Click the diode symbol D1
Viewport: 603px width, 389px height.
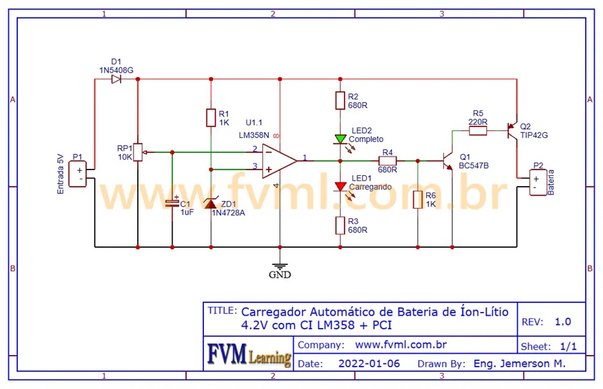tap(116, 80)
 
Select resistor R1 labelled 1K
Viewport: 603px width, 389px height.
tap(210, 118)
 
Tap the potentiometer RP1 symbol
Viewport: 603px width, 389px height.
tap(138, 152)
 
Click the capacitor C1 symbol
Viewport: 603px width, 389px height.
tap(172, 203)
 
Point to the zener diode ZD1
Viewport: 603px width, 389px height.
tap(210, 203)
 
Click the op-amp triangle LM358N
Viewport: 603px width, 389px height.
tap(278, 160)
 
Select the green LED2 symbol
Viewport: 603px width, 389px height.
tap(340, 139)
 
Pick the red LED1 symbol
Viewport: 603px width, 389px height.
tap(340, 186)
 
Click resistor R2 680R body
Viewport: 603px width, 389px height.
tap(340, 100)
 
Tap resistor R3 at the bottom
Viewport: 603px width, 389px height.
tap(340, 225)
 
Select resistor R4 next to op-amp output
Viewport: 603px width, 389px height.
tap(387, 160)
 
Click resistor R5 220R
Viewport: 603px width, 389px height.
tap(478, 131)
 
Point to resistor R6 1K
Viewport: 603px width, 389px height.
tap(418, 200)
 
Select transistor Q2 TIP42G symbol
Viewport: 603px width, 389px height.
tap(512, 131)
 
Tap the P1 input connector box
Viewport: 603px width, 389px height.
tap(78, 174)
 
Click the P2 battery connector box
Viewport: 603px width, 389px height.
tap(536, 182)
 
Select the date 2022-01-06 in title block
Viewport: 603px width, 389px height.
tap(369, 363)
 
